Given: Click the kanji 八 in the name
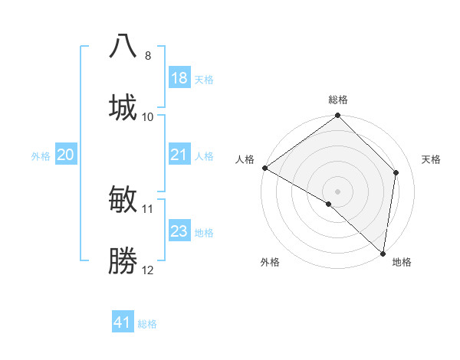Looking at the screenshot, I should click(123, 45).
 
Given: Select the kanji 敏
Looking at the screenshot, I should click(123, 198).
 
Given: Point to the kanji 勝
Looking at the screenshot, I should click(123, 261).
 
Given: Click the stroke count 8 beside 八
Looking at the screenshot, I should click(148, 56).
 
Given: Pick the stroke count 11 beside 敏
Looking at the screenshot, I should click(148, 208).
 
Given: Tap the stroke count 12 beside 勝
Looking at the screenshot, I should click(148, 270).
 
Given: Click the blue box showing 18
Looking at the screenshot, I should click(179, 78).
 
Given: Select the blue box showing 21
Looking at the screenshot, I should click(179, 155).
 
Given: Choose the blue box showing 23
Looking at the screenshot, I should click(179, 231).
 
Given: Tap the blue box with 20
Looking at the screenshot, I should click(66, 155).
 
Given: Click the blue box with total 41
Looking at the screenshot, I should click(123, 322).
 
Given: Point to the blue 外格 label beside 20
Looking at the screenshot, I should click(41, 155).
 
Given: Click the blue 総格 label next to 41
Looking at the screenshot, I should click(147, 324).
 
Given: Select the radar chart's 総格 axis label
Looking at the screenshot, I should click(338, 100).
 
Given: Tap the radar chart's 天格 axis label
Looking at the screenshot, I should click(432, 159).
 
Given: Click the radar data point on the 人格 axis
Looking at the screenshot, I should click(264, 168).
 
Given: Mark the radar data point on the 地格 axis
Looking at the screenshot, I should click(383, 254).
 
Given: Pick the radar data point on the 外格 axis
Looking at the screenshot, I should click(329, 204).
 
